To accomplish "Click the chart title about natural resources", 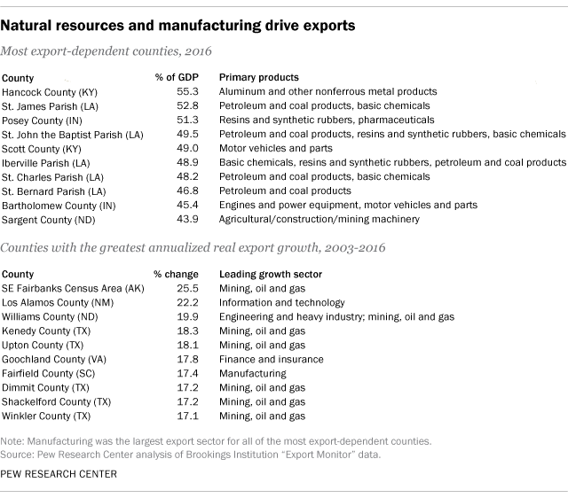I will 178,26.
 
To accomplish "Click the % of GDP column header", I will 174,77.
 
